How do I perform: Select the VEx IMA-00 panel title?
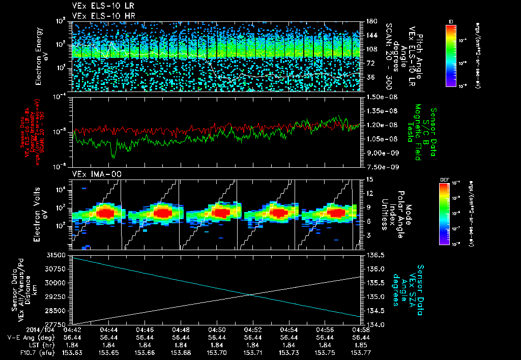click(x=93, y=174)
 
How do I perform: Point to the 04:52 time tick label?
click(x=253, y=329)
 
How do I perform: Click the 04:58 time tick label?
click(x=361, y=329)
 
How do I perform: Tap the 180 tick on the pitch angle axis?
click(x=370, y=21)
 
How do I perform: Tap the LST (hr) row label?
click(x=23, y=344)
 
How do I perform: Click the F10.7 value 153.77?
click(x=361, y=351)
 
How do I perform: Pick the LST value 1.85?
click(x=361, y=344)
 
